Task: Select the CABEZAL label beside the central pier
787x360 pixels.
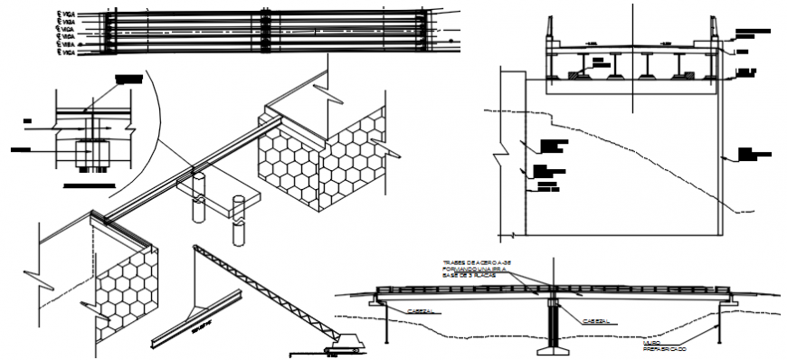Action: pyautogui.click(x=594, y=319)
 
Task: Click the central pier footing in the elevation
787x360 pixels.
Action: pyautogui.click(x=548, y=346)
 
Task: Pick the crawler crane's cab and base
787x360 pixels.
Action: pyautogui.click(x=343, y=344)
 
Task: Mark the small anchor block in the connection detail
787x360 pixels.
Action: pyautogui.click(x=88, y=149)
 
